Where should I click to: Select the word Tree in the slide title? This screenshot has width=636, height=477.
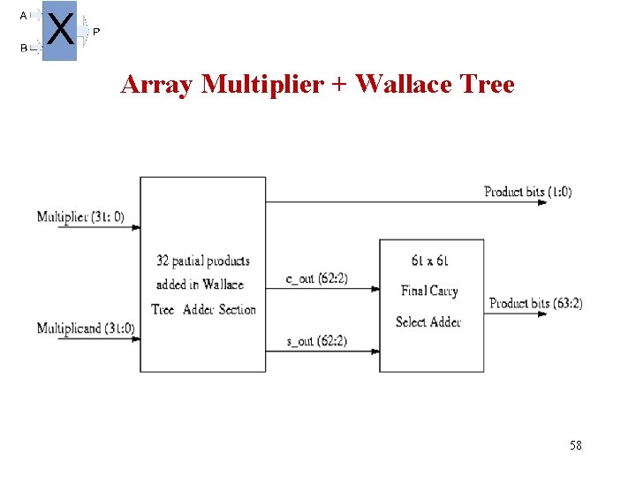(485, 85)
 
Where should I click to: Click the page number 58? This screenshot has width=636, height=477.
(575, 446)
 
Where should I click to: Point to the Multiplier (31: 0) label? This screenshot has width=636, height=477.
(80, 216)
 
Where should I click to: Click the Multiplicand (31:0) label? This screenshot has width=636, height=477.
(86, 329)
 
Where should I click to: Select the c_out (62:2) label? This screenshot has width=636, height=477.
(316, 278)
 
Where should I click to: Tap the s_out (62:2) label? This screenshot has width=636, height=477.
(316, 341)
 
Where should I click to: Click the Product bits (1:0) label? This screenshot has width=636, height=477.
(527, 192)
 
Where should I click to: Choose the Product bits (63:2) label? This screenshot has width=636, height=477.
(536, 303)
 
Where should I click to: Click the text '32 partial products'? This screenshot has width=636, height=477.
(202, 261)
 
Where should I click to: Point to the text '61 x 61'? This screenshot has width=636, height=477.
(429, 261)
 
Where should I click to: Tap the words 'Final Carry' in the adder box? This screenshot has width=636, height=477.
(429, 291)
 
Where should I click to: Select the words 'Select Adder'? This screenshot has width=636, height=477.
(428, 322)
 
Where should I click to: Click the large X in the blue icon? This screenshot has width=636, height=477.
(59, 30)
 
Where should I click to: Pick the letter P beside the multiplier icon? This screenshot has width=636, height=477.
(96, 32)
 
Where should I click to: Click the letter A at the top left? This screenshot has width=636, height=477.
(23, 15)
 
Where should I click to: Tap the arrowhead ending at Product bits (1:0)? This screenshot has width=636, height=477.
(543, 202)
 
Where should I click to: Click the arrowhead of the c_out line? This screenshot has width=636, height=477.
(375, 289)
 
